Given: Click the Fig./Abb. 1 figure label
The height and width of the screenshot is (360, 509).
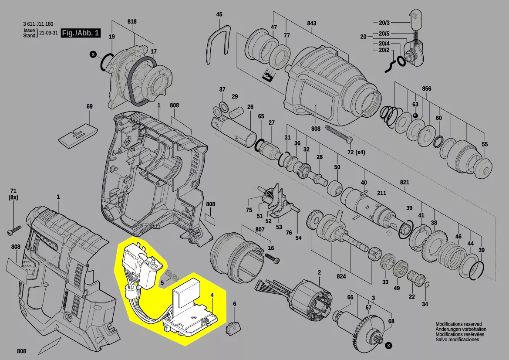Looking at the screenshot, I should (x=81, y=33).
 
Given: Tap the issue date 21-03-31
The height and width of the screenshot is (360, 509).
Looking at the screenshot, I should (x=48, y=33).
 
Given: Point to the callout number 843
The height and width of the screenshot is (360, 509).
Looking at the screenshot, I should (x=311, y=24).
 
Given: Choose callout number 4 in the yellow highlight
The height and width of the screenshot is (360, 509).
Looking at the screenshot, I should (x=212, y=295).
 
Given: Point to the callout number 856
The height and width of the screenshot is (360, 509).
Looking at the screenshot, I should (x=426, y=89).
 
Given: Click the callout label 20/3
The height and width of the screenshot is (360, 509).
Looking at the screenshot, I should (x=384, y=23).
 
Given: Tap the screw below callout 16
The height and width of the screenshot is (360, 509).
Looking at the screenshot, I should (x=274, y=260).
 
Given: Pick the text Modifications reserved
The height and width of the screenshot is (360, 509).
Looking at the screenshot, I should (x=458, y=324).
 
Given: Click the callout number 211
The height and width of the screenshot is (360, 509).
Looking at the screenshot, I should (x=381, y=194).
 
